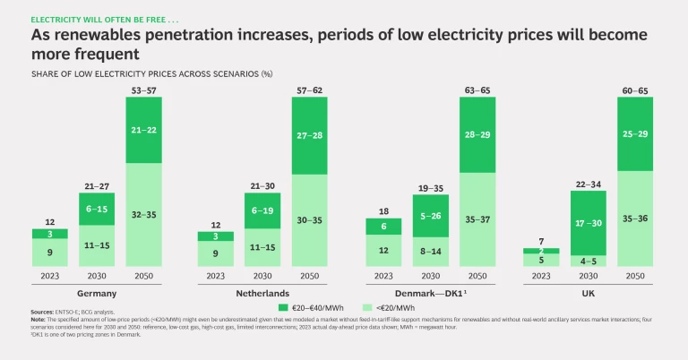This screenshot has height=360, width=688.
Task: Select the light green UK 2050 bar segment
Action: click(641, 218)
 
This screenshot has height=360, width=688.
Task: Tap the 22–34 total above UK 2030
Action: click(589, 159)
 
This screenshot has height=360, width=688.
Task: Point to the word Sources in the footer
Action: click(43, 311)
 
